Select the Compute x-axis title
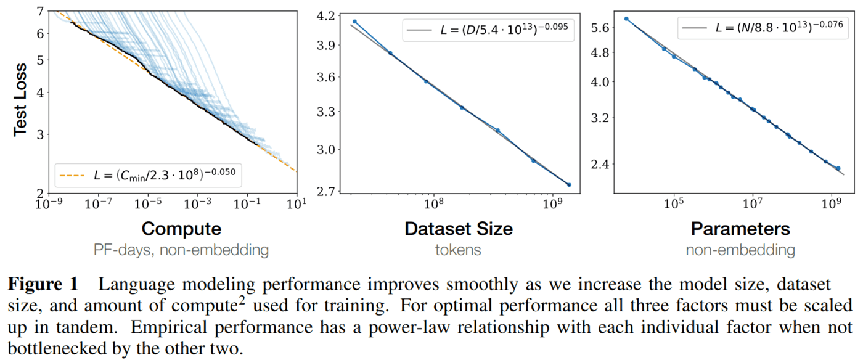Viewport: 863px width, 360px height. pyautogui.click(x=181, y=229)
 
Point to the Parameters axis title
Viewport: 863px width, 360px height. pyautogui.click(x=740, y=229)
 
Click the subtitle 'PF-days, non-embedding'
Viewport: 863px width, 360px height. pyautogui.click(x=181, y=250)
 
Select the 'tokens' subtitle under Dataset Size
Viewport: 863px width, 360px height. pyautogui.click(x=459, y=250)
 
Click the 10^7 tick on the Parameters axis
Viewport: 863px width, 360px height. pyautogui.click(x=753, y=203)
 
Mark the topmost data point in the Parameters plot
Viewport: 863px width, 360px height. pyautogui.click(x=626, y=18)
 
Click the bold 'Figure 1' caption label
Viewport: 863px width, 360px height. pyautogui.click(x=43, y=285)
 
